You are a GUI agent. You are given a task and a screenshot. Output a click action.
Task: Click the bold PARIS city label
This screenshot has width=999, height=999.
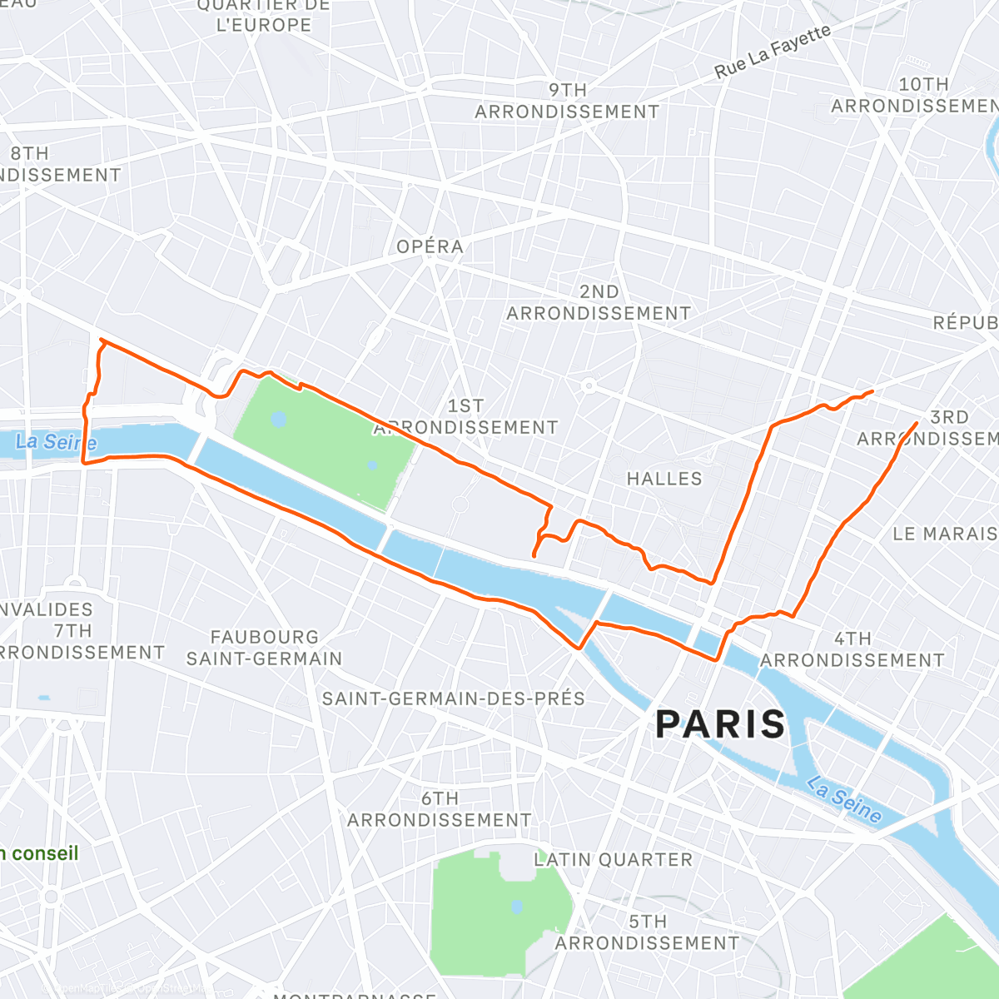[720, 724]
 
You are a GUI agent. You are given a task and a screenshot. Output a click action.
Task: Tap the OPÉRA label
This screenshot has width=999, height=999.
[430, 246]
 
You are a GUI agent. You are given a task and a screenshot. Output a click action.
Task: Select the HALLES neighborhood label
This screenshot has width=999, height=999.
[664, 479]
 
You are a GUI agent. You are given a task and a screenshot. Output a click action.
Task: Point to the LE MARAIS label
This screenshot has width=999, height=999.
[944, 534]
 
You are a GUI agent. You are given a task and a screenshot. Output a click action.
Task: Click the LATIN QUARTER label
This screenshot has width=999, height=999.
[613, 860]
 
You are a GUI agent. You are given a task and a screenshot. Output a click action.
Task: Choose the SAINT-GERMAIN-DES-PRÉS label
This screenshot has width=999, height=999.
[454, 698]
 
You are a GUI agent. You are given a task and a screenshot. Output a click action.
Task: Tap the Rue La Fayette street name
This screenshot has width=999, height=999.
[773, 52]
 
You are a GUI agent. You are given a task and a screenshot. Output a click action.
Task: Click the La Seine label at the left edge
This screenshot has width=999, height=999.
[56, 442]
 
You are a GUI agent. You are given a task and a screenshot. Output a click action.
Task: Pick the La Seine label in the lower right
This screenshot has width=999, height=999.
[843, 800]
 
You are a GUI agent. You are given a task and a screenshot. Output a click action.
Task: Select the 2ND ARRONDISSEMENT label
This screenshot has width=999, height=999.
[599, 303]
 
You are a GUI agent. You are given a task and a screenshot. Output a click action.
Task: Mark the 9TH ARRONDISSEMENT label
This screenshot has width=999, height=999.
[567, 101]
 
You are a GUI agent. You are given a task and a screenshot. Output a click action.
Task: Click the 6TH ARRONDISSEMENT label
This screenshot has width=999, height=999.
[439, 809]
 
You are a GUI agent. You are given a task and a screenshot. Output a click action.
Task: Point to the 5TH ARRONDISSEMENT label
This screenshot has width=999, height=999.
[647, 932]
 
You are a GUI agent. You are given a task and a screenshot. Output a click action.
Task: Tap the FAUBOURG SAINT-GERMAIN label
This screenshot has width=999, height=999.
[264, 648]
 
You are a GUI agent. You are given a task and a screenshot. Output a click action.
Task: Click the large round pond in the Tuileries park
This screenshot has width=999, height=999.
[279, 419]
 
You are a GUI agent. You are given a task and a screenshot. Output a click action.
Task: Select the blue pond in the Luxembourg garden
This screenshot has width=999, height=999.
[517, 906]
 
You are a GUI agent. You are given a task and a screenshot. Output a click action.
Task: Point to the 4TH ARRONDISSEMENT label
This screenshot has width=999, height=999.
[852, 649]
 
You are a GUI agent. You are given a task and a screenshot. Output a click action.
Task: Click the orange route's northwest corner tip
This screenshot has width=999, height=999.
[101, 340]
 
